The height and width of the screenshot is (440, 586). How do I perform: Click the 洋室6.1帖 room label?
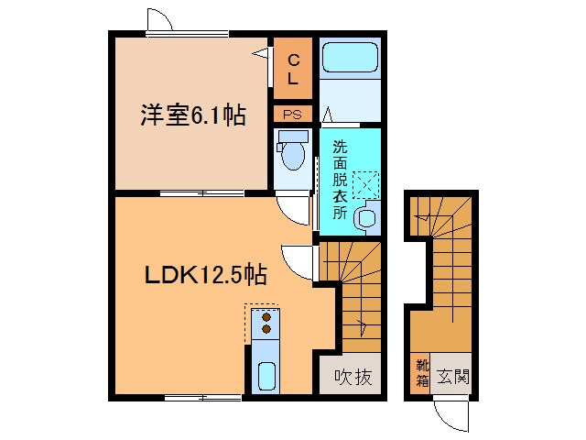(x=192, y=116)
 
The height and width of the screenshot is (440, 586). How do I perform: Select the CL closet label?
(x=293, y=69)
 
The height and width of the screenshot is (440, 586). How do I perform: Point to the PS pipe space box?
(x=293, y=115)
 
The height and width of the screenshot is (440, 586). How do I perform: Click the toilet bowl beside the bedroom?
(x=293, y=154)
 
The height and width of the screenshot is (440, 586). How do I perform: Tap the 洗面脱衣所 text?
(x=340, y=179)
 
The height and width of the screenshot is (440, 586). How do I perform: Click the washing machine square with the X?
(x=365, y=182)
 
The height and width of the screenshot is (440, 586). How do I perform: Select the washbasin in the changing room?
(x=365, y=218)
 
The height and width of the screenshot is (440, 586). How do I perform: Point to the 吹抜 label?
(x=352, y=376)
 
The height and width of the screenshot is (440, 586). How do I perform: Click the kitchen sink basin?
(x=266, y=376)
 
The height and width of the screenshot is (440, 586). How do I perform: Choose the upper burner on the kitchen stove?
(x=267, y=316)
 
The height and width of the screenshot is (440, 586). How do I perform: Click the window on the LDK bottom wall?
(x=202, y=397)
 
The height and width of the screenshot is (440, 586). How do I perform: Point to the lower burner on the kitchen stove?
(x=267, y=328)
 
